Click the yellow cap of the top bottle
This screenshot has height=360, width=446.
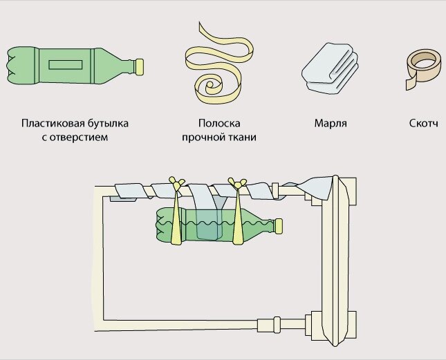tap(138, 66)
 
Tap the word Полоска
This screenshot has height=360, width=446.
tap(218, 124)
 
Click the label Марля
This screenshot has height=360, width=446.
tap(330, 124)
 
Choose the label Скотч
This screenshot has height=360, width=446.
tap(424, 124)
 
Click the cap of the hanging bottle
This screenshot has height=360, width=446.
tap(279, 224)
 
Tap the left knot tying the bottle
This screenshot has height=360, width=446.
tap(177, 184)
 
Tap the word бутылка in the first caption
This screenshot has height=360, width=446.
tap(108, 124)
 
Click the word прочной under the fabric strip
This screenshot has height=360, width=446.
tap(201, 137)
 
